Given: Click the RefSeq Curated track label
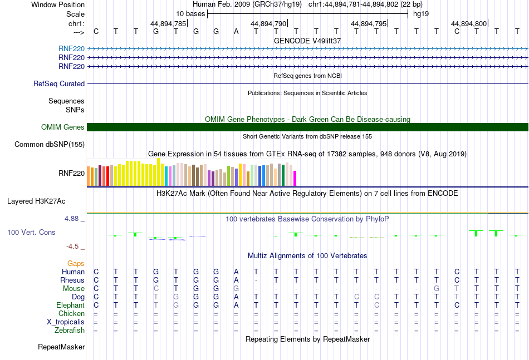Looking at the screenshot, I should pos(59,83).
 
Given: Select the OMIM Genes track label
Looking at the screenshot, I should pos(63,127).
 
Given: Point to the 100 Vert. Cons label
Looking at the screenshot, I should pos(31,232).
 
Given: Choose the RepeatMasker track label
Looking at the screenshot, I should pos(61,347).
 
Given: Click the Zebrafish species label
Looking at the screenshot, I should pos(70,330).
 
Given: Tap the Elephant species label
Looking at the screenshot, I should pos(70,305).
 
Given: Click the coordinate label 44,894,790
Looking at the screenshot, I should pos(268,23).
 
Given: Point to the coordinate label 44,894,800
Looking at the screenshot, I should pos(469,23).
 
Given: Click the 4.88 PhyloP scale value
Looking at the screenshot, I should pos(72,219).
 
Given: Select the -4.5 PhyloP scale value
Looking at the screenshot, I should pos(73,246).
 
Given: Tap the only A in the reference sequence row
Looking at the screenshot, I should pos(236,31).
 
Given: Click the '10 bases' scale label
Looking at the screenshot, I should pos(190,13).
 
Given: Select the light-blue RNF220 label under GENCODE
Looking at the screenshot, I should pos(71,49).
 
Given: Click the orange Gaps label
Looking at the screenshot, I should pos(76,263).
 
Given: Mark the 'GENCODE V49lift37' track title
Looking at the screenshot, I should pos(307,41).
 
